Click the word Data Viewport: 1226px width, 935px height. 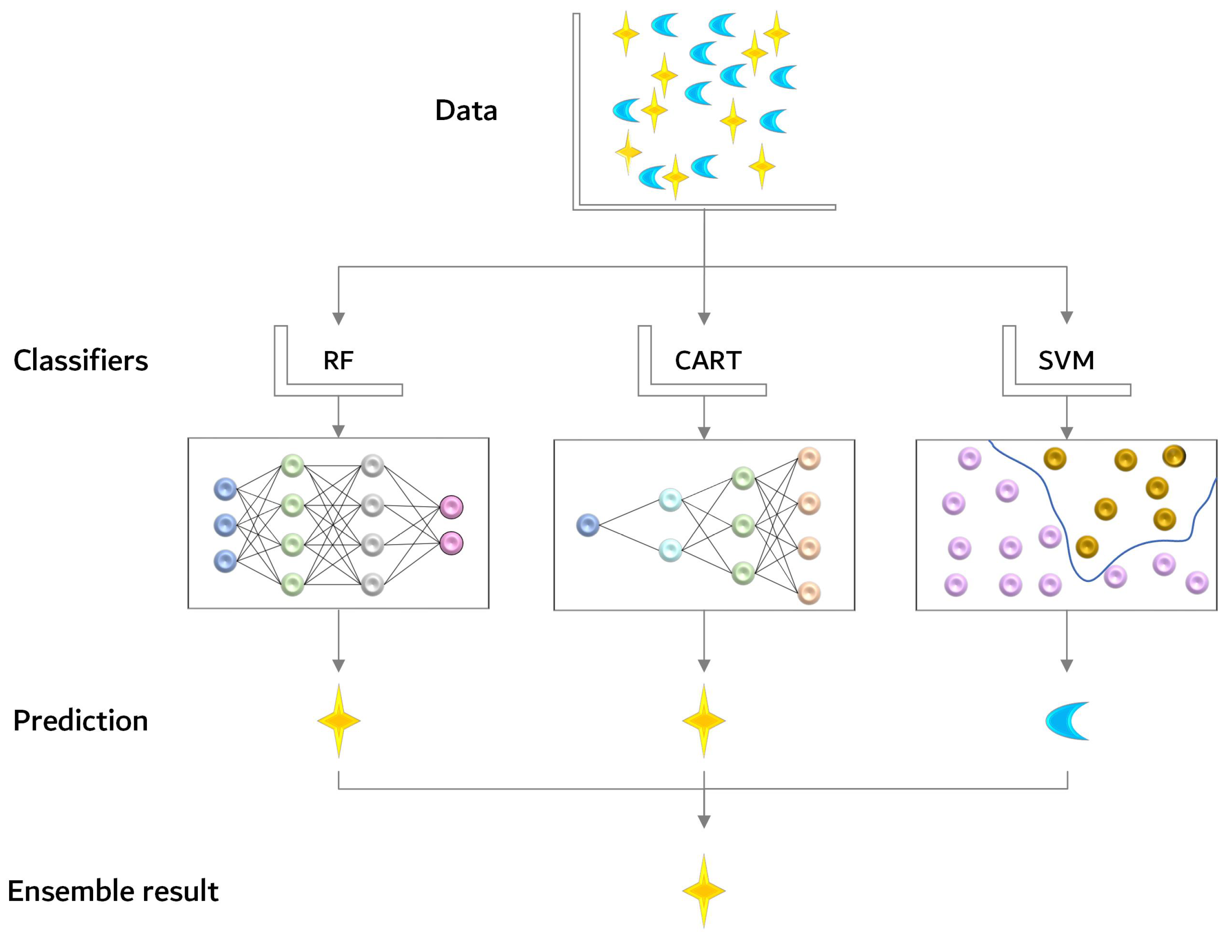[x=466, y=110]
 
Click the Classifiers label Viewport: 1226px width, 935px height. [x=81, y=360]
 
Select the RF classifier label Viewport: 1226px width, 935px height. [x=338, y=360]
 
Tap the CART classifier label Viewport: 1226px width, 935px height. [x=708, y=360]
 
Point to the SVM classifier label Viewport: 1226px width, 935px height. [x=1066, y=360]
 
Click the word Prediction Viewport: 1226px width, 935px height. [x=81, y=721]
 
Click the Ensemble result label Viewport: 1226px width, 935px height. [x=113, y=891]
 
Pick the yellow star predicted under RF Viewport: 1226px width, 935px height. [x=339, y=721]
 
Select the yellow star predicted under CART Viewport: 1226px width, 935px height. [x=704, y=721]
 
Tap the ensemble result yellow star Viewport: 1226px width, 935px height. [x=704, y=891]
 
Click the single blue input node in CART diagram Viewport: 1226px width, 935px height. [x=587, y=525]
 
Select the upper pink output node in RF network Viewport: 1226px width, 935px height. [x=451, y=507]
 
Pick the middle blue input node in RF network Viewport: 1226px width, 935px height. [x=225, y=525]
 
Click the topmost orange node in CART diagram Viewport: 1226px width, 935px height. [x=809, y=458]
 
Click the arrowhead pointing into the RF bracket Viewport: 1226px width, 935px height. [x=339, y=318]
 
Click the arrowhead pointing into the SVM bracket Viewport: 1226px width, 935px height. [x=1067, y=317]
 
